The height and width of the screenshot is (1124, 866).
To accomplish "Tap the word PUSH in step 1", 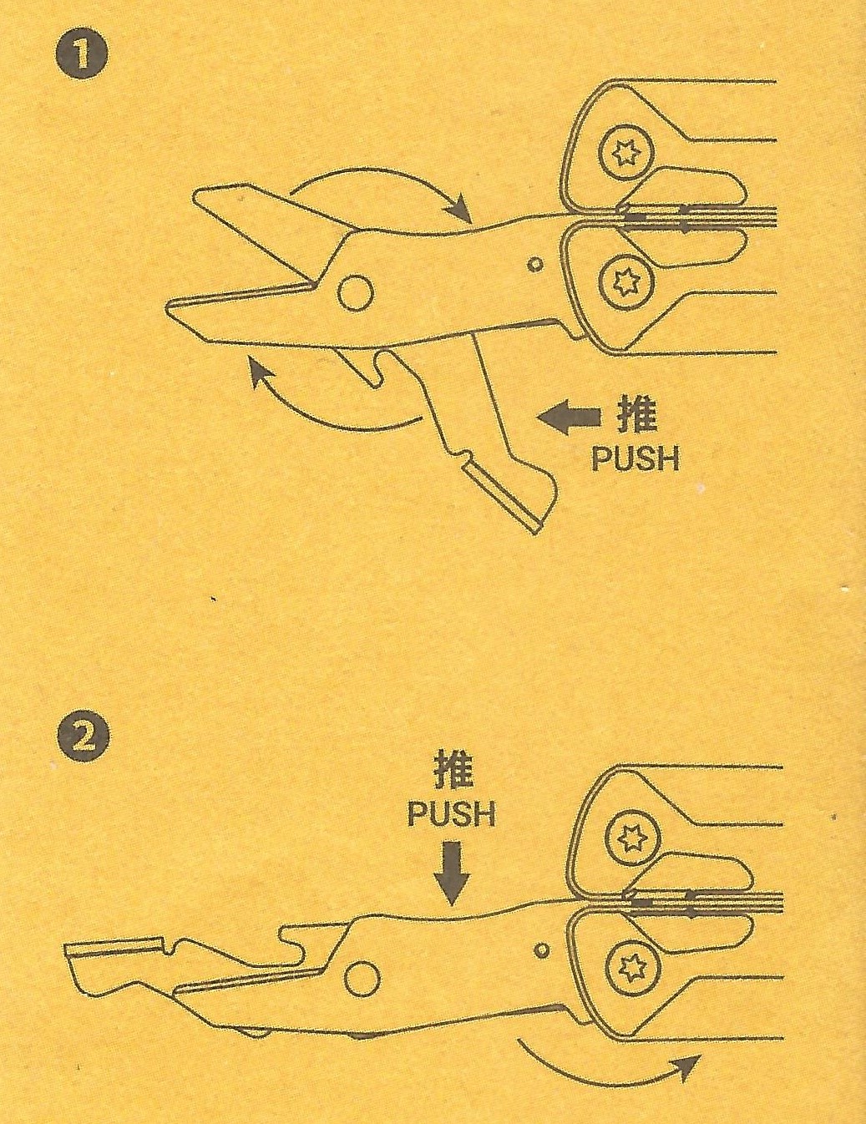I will (x=635, y=458).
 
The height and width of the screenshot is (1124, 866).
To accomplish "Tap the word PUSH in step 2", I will (x=451, y=814).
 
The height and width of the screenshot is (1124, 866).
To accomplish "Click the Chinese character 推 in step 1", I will (x=636, y=415).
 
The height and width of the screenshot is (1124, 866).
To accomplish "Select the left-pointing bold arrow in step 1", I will (x=569, y=418).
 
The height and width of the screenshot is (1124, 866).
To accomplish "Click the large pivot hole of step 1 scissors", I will (x=355, y=292).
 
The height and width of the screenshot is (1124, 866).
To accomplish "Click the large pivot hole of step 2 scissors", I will (x=362, y=978).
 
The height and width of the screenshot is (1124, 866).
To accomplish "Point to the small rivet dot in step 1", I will (x=535, y=265).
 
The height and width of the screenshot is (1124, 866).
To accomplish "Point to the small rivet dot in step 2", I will (x=542, y=950).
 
